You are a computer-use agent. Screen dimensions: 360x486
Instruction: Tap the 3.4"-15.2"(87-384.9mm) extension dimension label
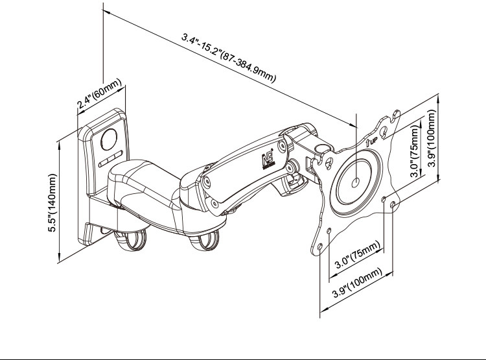tap(228, 58)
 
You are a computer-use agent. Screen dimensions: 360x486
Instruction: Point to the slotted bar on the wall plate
tap(111, 159)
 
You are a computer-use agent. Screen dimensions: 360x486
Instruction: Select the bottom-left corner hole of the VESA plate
tap(319, 246)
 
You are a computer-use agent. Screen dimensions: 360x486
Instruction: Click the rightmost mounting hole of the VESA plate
tap(393, 206)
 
